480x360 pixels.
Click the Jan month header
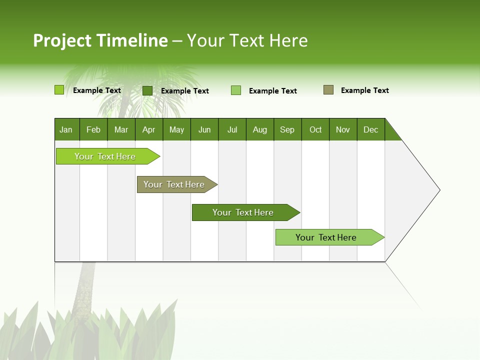click(x=66, y=129)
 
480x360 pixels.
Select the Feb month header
click(x=93, y=129)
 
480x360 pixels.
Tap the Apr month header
click(x=149, y=129)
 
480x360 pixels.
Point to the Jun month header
click(x=204, y=129)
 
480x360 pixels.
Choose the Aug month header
click(x=260, y=129)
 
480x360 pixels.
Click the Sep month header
click(x=287, y=129)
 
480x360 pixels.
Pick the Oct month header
click(x=315, y=129)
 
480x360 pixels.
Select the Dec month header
click(x=371, y=129)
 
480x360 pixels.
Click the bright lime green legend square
click(x=59, y=90)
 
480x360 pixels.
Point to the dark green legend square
click(x=147, y=90)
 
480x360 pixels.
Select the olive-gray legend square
click(x=328, y=90)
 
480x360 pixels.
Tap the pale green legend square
click(x=236, y=90)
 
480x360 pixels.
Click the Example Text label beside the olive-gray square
click(x=364, y=90)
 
